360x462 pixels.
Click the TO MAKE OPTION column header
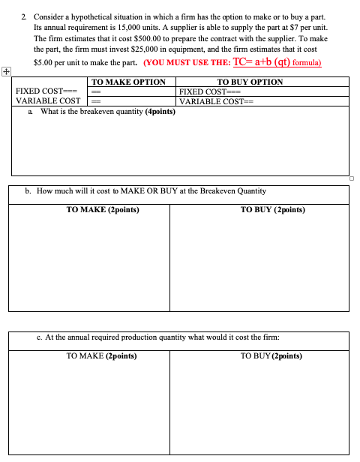coord(128,82)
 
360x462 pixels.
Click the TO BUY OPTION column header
coord(250,82)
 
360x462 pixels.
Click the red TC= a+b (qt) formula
coord(277,62)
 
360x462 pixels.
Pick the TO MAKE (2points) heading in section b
coord(103,211)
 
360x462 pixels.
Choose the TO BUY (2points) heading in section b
coord(273,211)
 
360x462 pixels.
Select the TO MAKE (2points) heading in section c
coord(101,355)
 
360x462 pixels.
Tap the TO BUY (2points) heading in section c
coord(271,355)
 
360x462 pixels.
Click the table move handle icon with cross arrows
coord(6,72)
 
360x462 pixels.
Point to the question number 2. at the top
coord(25,16)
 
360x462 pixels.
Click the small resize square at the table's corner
coord(351,178)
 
